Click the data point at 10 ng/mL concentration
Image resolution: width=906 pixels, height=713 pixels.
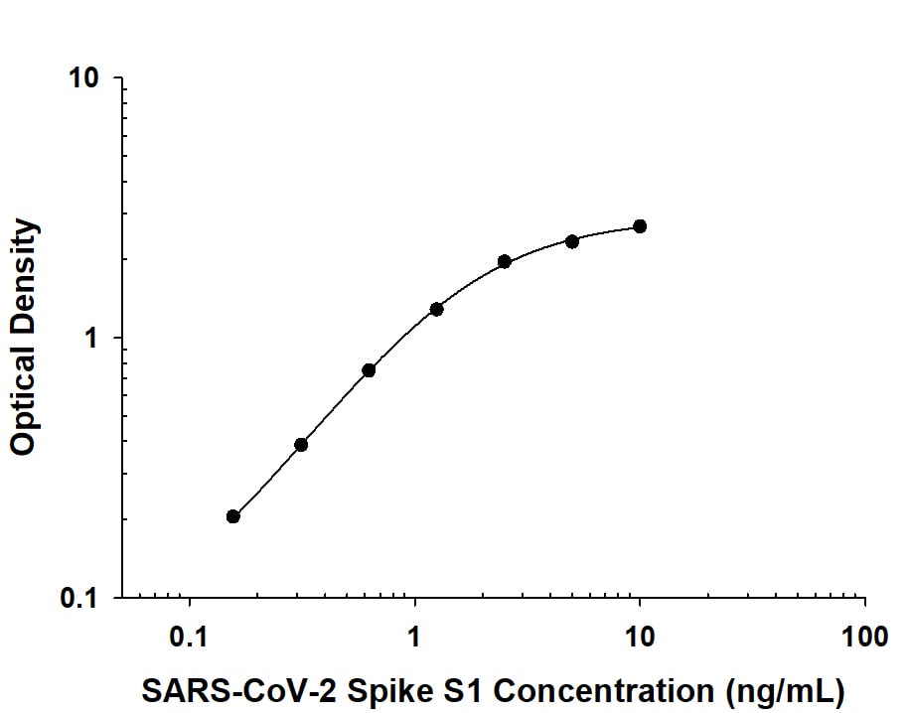(640, 226)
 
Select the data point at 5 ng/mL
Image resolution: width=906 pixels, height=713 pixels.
(572, 241)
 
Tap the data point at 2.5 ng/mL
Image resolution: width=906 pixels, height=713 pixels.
(505, 261)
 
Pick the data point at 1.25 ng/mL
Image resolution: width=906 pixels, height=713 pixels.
(436, 309)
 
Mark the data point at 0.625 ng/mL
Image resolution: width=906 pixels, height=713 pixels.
(369, 370)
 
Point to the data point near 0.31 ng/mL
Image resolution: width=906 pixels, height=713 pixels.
(301, 445)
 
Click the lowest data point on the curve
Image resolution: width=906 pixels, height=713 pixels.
(233, 516)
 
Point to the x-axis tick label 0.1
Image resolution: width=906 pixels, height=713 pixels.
(189, 636)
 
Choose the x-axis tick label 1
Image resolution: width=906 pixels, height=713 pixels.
(414, 636)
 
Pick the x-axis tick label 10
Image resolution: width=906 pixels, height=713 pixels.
(640, 636)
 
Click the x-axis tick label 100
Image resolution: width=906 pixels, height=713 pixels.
(864, 636)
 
